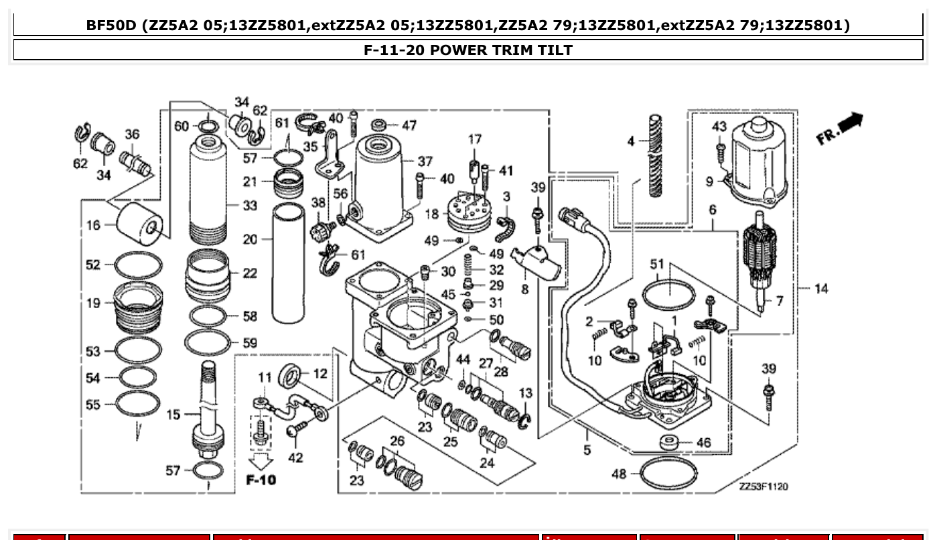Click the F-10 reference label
click(x=261, y=480)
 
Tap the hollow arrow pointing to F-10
click(x=261, y=461)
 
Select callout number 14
click(x=821, y=289)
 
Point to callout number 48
click(x=619, y=474)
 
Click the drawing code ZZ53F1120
click(x=763, y=486)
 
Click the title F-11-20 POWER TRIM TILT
click(x=467, y=50)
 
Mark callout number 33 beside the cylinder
click(x=249, y=206)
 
